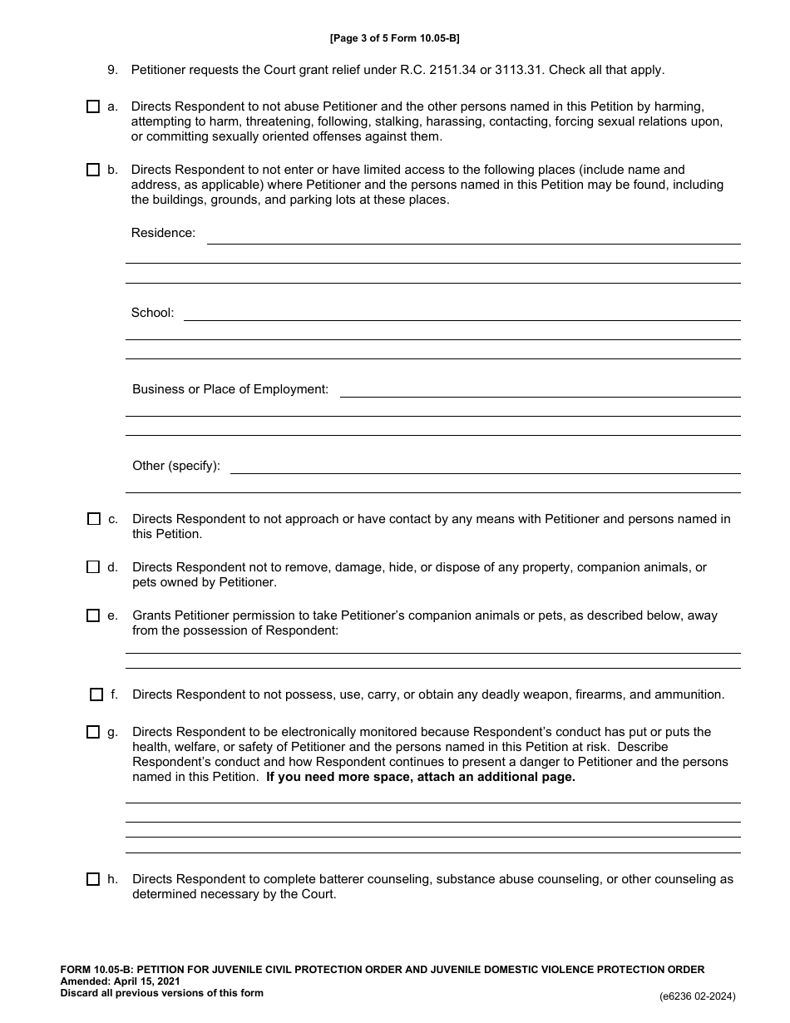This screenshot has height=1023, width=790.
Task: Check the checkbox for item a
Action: tap(93, 106)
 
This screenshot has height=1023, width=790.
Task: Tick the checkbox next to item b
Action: tap(93, 170)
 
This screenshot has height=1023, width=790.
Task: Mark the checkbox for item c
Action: tap(94, 519)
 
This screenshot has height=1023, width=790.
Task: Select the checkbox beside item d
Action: tap(93, 567)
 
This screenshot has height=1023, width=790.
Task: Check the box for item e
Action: tap(93, 616)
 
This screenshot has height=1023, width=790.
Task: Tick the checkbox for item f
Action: tap(96, 694)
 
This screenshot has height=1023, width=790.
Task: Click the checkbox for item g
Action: tap(93, 733)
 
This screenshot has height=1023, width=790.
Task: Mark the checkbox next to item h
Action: tap(93, 879)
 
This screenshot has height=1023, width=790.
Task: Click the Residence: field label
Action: tap(163, 233)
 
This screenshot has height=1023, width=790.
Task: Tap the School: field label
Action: tap(152, 313)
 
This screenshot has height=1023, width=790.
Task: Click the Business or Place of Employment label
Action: tap(230, 389)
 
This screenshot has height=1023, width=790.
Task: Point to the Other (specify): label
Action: tap(176, 466)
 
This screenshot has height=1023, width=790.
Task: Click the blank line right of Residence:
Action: tap(473, 237)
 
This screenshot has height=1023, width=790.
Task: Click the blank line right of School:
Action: tap(462, 314)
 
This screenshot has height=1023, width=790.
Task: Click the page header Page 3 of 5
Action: tap(395, 38)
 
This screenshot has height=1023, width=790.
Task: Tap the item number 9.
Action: tap(112, 70)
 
